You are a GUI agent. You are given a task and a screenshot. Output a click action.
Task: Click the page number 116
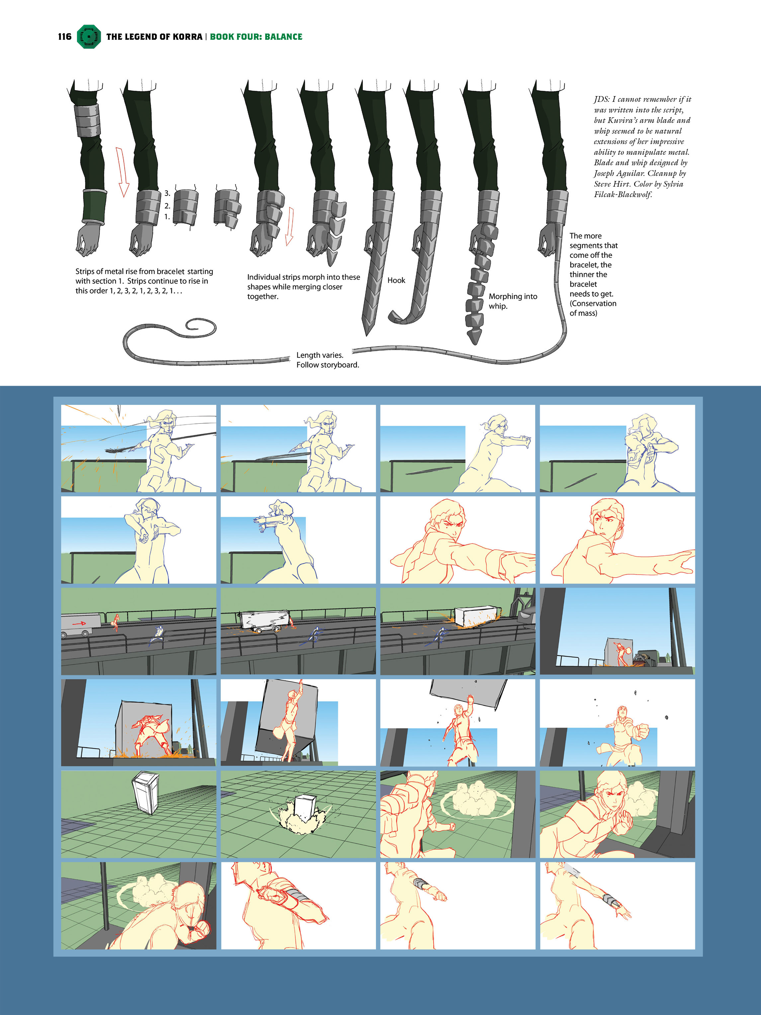[x=65, y=37]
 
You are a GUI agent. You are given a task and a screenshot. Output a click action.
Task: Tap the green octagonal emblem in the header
[x=89, y=37]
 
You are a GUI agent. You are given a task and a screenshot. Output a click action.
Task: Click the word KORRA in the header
[x=187, y=37]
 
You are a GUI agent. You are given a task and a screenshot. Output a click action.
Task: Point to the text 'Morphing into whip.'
[x=513, y=301]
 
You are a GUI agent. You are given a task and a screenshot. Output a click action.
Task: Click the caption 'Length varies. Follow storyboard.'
[x=327, y=360]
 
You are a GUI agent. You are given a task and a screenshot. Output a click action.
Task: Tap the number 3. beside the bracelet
[x=167, y=193]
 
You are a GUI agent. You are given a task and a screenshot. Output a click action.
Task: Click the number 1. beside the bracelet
[x=167, y=217]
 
